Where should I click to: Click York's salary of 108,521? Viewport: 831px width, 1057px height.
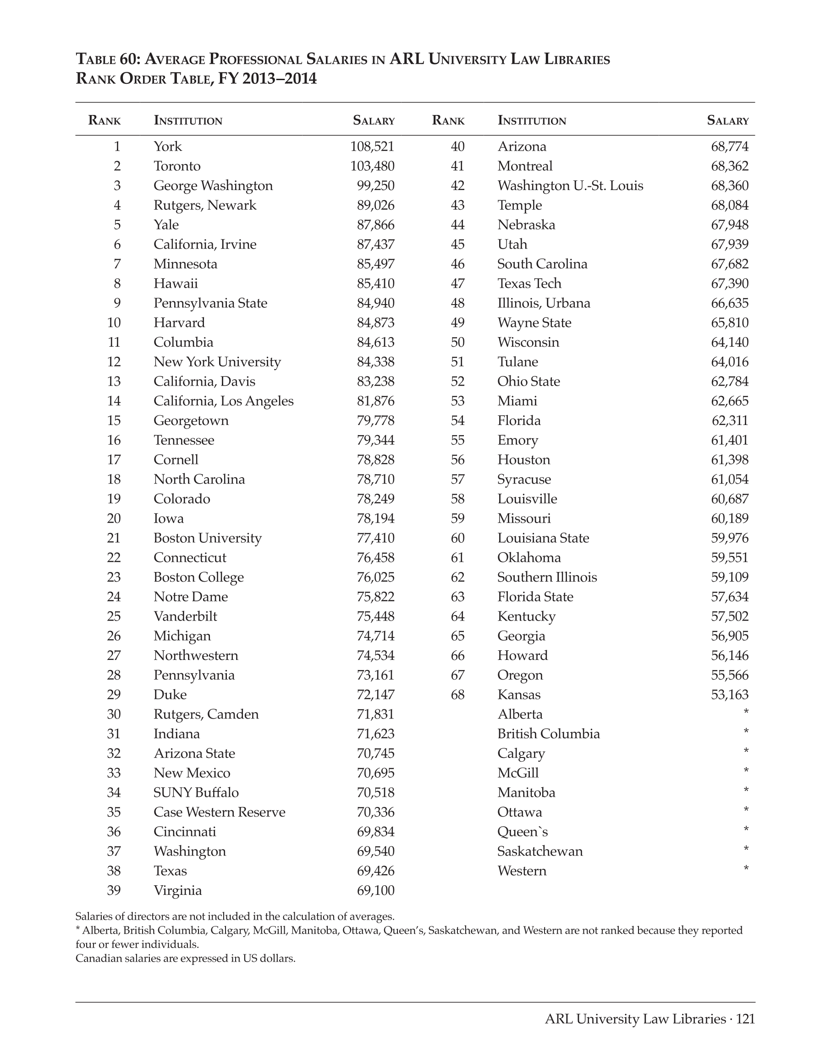[372, 147]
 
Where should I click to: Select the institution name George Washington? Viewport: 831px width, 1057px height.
[213, 186]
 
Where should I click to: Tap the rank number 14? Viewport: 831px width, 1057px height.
[114, 401]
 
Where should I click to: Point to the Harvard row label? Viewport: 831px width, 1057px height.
[179, 323]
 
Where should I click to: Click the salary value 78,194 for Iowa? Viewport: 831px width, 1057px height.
[375, 518]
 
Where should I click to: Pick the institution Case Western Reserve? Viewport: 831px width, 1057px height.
[220, 812]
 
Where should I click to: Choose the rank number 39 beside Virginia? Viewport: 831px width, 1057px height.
[114, 890]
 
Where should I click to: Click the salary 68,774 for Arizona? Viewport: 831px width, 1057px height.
[730, 147]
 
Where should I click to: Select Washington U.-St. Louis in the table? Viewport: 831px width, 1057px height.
[570, 186]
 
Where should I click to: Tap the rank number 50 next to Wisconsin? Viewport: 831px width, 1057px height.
[457, 342]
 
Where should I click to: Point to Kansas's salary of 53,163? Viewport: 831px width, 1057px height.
[730, 694]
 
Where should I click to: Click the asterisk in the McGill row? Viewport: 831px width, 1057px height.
[746, 771]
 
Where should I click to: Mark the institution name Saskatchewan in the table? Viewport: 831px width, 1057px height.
[539, 851]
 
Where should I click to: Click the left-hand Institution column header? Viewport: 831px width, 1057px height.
[188, 120]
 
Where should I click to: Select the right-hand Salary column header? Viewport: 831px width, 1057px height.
[727, 120]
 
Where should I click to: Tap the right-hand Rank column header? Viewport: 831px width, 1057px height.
[448, 120]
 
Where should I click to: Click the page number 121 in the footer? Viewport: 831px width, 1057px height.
[745, 1019]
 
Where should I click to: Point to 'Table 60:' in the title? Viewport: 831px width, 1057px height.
[108, 60]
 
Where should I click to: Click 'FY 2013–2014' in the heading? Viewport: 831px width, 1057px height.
[267, 79]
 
